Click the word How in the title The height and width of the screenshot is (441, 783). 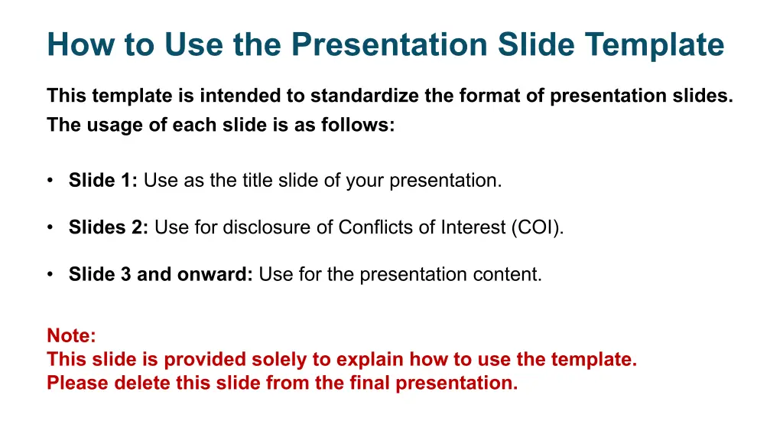(81, 44)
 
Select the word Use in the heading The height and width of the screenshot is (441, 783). (193, 44)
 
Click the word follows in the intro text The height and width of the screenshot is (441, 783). (358, 125)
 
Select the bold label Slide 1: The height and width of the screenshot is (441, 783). (103, 180)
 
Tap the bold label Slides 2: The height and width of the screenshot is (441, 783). (109, 227)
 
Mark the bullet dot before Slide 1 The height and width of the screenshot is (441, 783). (50, 181)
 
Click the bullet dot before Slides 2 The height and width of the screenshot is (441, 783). (50, 227)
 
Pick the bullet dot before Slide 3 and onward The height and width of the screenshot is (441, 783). (50, 275)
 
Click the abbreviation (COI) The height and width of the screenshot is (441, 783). (538, 227)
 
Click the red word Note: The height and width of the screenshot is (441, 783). (71, 335)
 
